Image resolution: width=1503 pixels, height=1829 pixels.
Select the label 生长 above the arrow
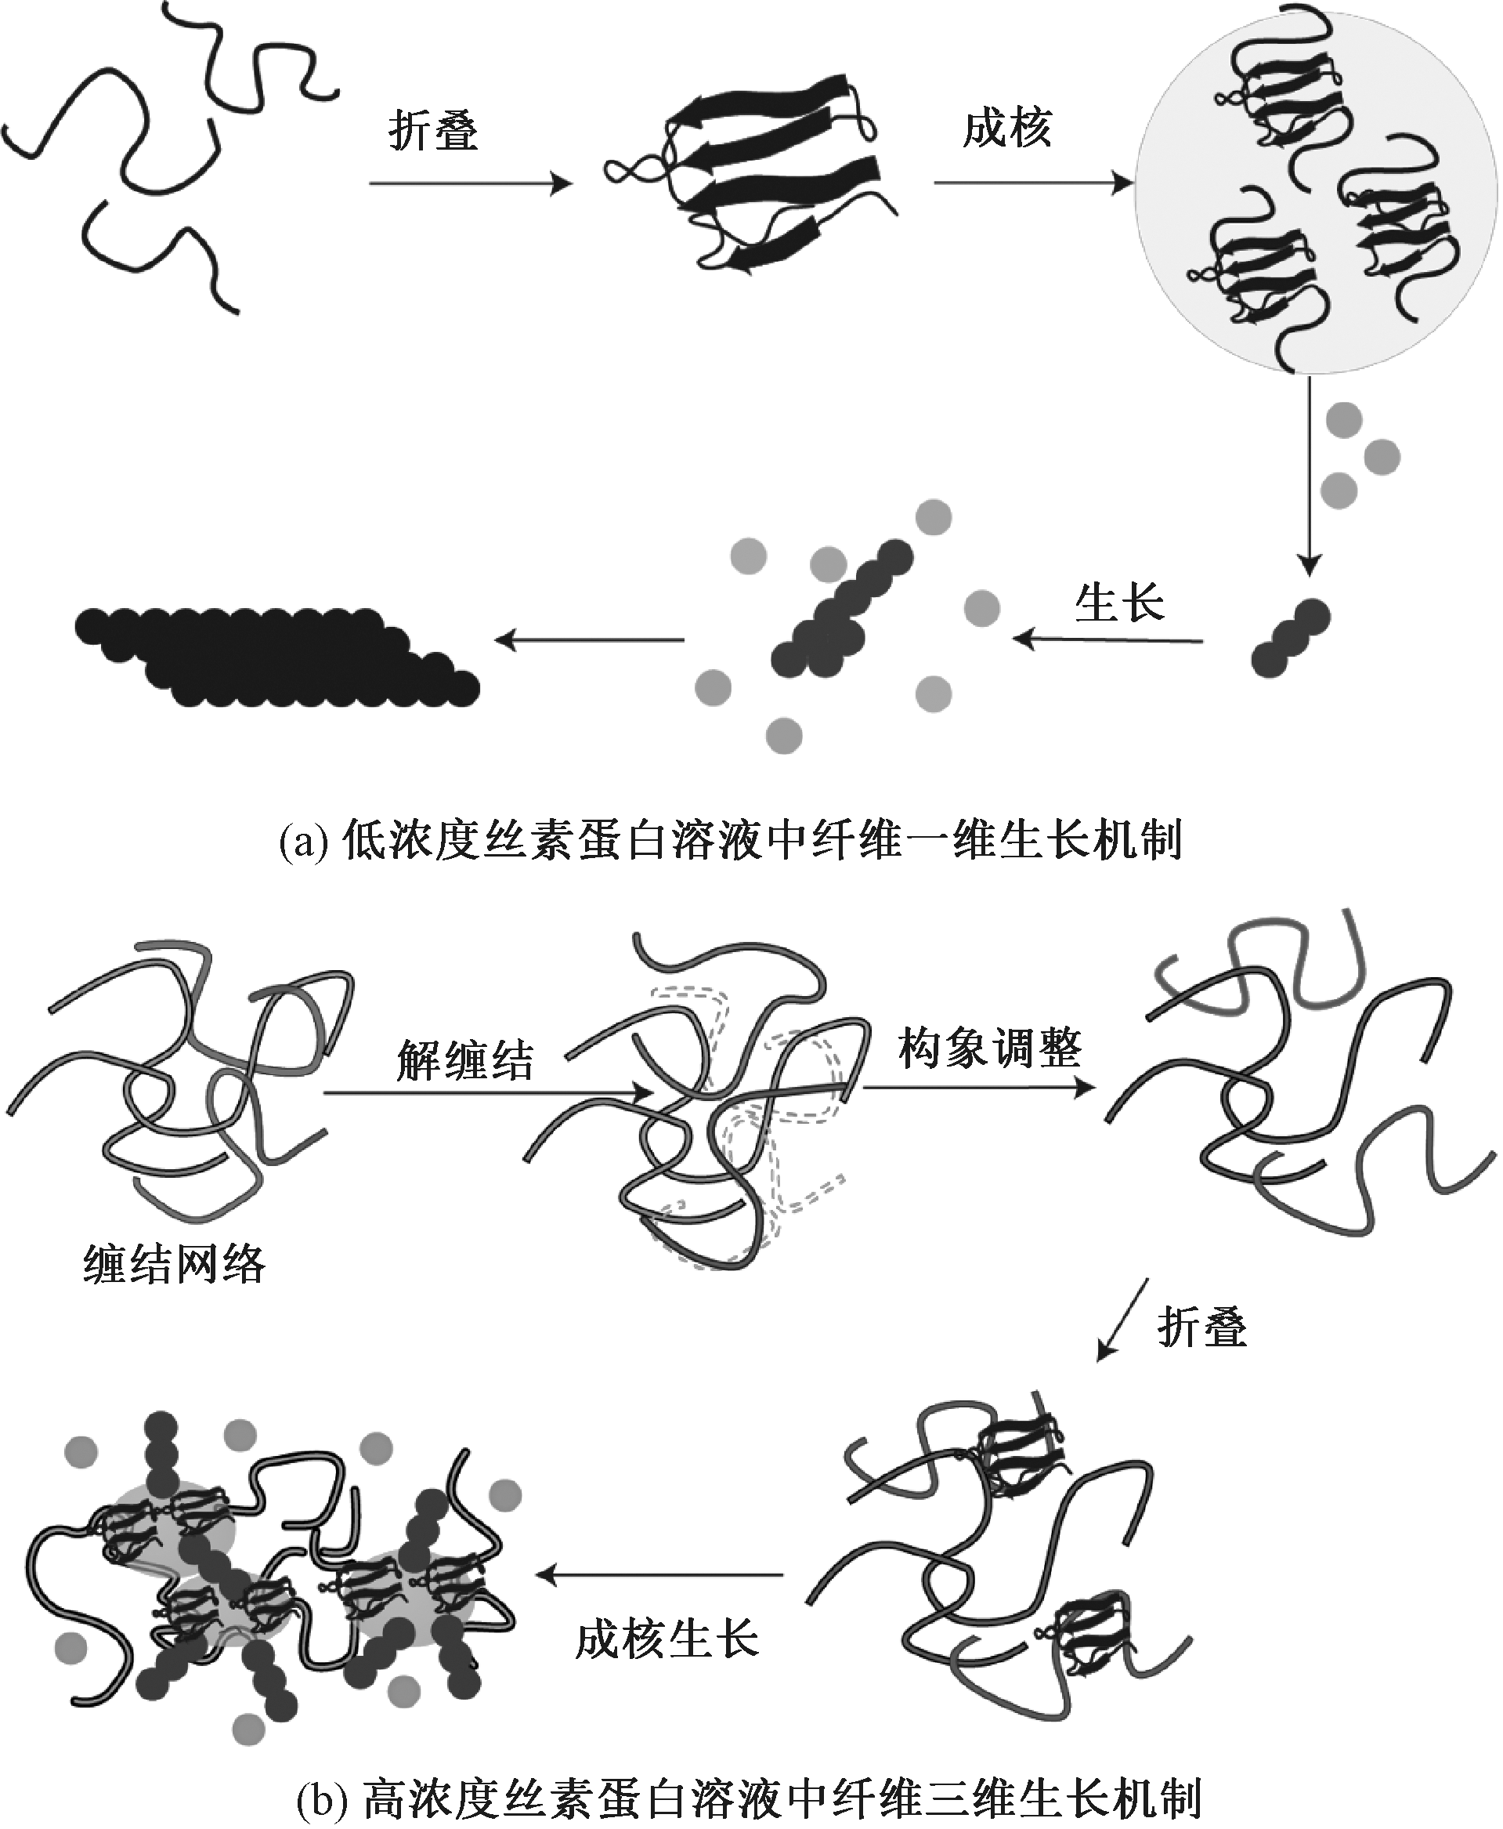1118,603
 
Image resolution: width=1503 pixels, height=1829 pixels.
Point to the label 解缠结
465,1060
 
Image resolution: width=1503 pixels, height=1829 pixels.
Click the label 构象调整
989,1048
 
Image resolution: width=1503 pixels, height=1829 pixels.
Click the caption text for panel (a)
731,840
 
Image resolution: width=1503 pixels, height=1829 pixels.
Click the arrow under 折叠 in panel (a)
470,184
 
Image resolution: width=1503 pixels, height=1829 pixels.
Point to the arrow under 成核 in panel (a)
1032,183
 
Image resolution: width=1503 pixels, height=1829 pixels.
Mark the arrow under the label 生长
1108,641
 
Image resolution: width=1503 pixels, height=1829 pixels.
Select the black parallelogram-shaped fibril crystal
277,657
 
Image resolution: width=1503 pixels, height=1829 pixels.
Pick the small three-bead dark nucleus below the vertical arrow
1290,637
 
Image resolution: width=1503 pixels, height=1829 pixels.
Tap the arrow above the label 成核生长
659,1574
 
